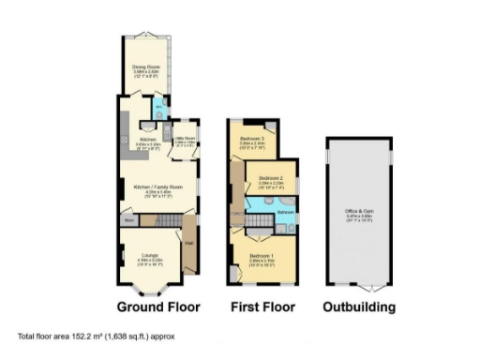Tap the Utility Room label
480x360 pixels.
pyautogui.click(x=184, y=142)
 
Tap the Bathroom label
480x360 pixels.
pyautogui.click(x=285, y=213)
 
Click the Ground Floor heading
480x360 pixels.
pyautogui.click(x=158, y=307)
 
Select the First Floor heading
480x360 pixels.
pyautogui.click(x=262, y=307)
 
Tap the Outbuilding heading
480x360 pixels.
pyautogui.click(x=358, y=307)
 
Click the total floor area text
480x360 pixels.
pyautogui.click(x=96, y=336)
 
